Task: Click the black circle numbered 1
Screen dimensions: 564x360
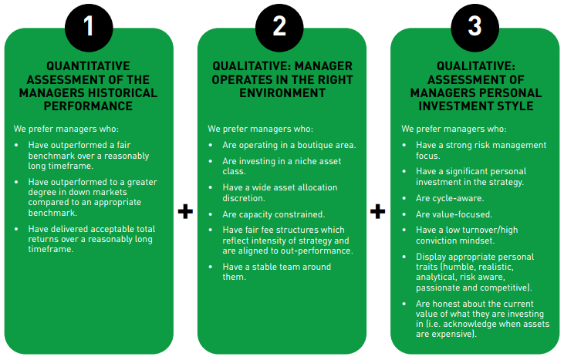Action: coord(89,27)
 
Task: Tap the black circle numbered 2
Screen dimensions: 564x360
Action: coord(279,27)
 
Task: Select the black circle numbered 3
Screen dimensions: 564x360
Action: coord(475,27)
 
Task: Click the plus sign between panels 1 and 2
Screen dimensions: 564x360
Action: coord(185,211)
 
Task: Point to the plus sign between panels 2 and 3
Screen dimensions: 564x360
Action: coord(378,211)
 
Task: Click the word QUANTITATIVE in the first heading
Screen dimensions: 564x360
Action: coord(88,66)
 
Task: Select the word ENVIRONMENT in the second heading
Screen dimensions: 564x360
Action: coord(282,93)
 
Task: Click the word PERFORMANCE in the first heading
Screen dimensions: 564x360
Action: coord(88,106)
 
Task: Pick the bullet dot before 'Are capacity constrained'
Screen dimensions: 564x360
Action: coord(211,214)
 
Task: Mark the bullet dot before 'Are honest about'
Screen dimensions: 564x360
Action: coord(404,304)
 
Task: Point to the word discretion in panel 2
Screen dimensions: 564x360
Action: coord(244,198)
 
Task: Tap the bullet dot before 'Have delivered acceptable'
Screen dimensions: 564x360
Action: coord(16,229)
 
